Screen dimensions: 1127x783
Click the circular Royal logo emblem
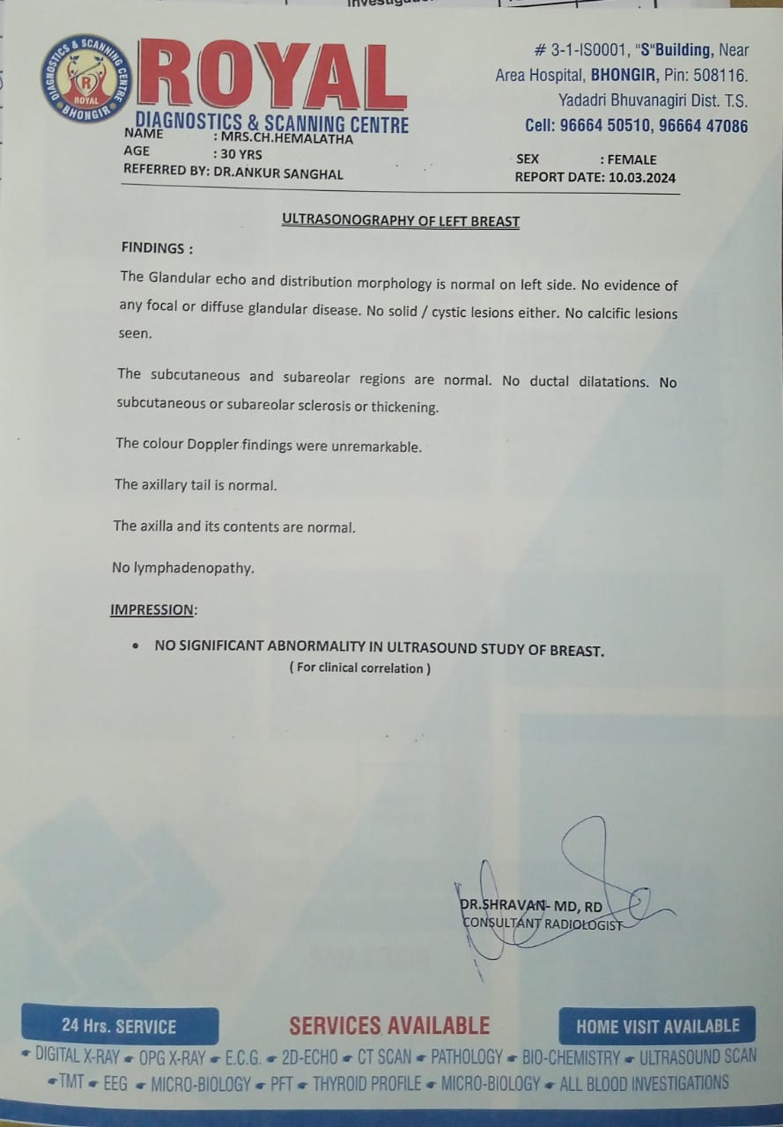(85, 78)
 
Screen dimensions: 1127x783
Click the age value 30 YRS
(244, 154)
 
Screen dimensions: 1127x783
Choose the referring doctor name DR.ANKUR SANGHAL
(278, 173)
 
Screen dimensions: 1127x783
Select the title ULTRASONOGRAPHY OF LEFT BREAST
(401, 221)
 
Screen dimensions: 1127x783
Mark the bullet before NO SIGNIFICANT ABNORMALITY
(135, 646)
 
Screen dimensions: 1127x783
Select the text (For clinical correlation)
(360, 668)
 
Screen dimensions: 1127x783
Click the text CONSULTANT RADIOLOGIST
(542, 924)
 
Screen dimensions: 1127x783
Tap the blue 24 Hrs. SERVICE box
(119, 1026)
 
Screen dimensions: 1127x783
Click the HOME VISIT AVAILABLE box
(657, 1026)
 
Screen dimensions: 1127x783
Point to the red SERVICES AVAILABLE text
(389, 1026)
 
